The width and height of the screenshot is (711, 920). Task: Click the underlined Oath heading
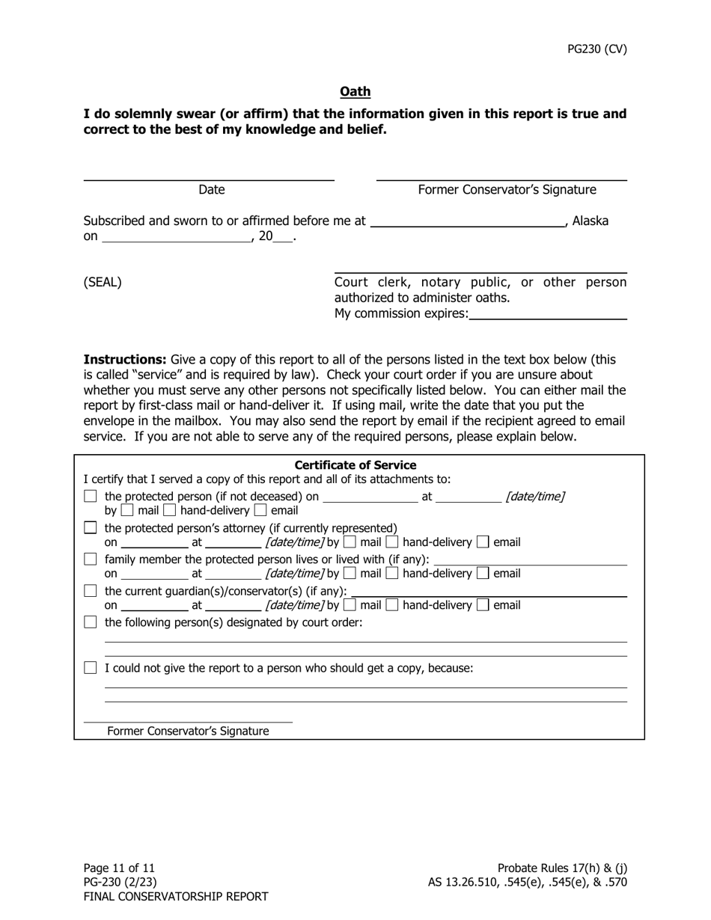coord(355,91)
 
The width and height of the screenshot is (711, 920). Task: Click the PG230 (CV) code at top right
coord(596,49)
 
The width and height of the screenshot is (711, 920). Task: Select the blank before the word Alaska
coord(468,222)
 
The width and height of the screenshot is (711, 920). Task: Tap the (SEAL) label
coord(103,282)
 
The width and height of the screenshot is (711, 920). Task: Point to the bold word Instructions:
coord(124,359)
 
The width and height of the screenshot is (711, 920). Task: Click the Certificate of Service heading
coord(355,465)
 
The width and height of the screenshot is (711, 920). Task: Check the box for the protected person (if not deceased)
coord(91,497)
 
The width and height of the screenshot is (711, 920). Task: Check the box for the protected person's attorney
coord(91,528)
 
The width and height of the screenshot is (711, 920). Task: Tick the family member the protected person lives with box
coord(91,559)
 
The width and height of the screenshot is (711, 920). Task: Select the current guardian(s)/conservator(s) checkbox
coord(91,591)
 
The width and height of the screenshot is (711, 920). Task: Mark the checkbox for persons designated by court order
coord(91,622)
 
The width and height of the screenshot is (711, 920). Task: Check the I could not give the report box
coord(91,668)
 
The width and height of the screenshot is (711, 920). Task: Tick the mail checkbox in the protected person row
coord(127,511)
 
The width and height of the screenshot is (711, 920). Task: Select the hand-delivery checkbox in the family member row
coord(392,574)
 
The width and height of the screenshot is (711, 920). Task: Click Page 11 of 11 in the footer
coord(119,868)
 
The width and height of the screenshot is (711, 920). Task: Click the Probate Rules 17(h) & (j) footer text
coord(562,868)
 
